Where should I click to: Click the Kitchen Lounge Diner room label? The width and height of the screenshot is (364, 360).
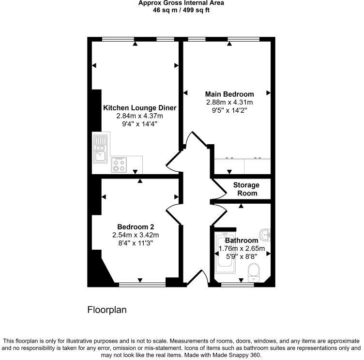[139, 108]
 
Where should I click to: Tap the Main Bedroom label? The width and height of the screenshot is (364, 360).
[229, 94]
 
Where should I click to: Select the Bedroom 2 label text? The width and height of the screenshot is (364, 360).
[136, 226]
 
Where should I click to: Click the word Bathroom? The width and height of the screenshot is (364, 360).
[242, 240]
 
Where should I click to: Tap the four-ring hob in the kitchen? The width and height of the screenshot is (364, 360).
[119, 165]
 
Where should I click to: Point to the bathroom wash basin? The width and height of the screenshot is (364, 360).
[265, 234]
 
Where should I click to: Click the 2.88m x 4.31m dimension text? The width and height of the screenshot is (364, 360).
[229, 102]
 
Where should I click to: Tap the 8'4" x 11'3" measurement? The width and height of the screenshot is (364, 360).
[136, 243]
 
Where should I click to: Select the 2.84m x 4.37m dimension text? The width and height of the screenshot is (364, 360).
[139, 116]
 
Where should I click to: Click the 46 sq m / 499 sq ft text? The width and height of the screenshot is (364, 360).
[182, 10]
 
